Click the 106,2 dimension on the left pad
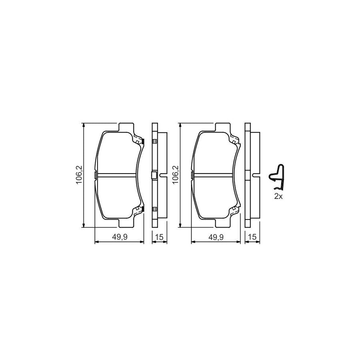[79, 175]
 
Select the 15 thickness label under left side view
[159, 237]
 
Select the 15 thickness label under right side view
[252, 237]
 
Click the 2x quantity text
[279, 196]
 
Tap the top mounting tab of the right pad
[222, 128]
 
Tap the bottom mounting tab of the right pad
[222, 223]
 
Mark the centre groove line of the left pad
[116, 175]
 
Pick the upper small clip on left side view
[154, 141]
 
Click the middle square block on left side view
[154, 175]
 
